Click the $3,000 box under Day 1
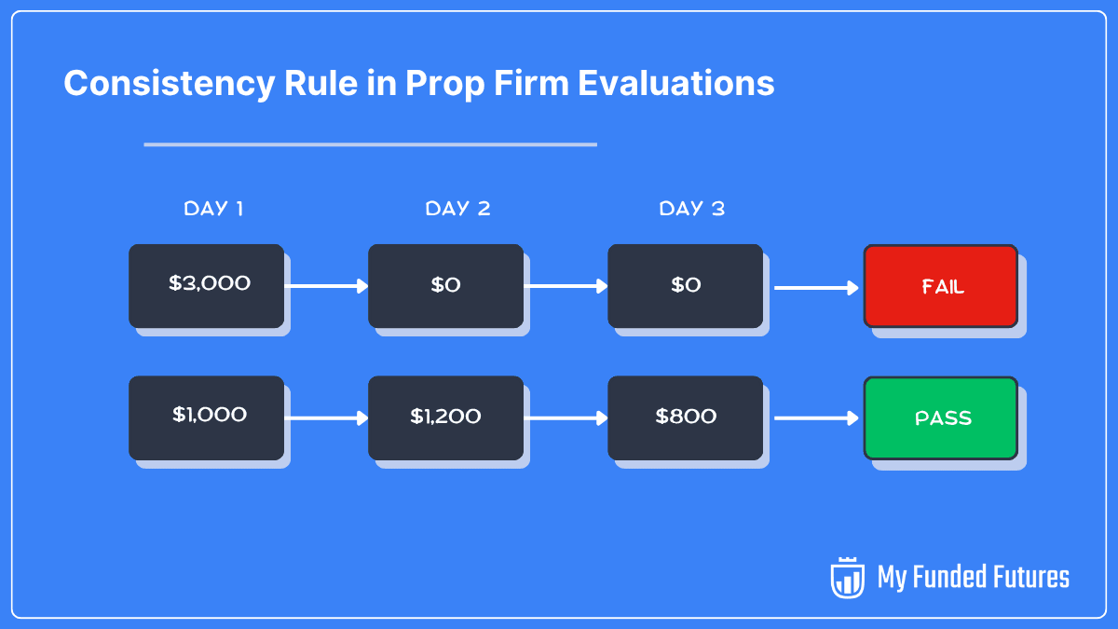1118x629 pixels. (x=206, y=285)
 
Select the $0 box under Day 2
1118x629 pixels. (x=445, y=285)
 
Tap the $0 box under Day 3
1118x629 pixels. (x=685, y=285)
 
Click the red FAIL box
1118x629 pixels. (x=941, y=286)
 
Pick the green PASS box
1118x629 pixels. (x=941, y=417)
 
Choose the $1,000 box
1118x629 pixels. (x=206, y=417)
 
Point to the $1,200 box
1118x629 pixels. (x=445, y=417)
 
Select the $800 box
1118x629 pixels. (x=685, y=417)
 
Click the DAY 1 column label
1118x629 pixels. (x=213, y=209)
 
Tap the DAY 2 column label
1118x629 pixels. (x=457, y=209)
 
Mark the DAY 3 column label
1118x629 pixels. (x=691, y=209)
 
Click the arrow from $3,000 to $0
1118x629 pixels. (x=326, y=286)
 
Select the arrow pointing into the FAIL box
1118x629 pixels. (x=815, y=288)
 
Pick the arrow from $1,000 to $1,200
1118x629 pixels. (x=326, y=418)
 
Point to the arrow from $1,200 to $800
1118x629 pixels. (x=566, y=418)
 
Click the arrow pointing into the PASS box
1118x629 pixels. (x=815, y=418)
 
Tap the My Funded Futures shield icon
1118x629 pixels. (x=847, y=578)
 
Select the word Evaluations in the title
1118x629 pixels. (x=675, y=84)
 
